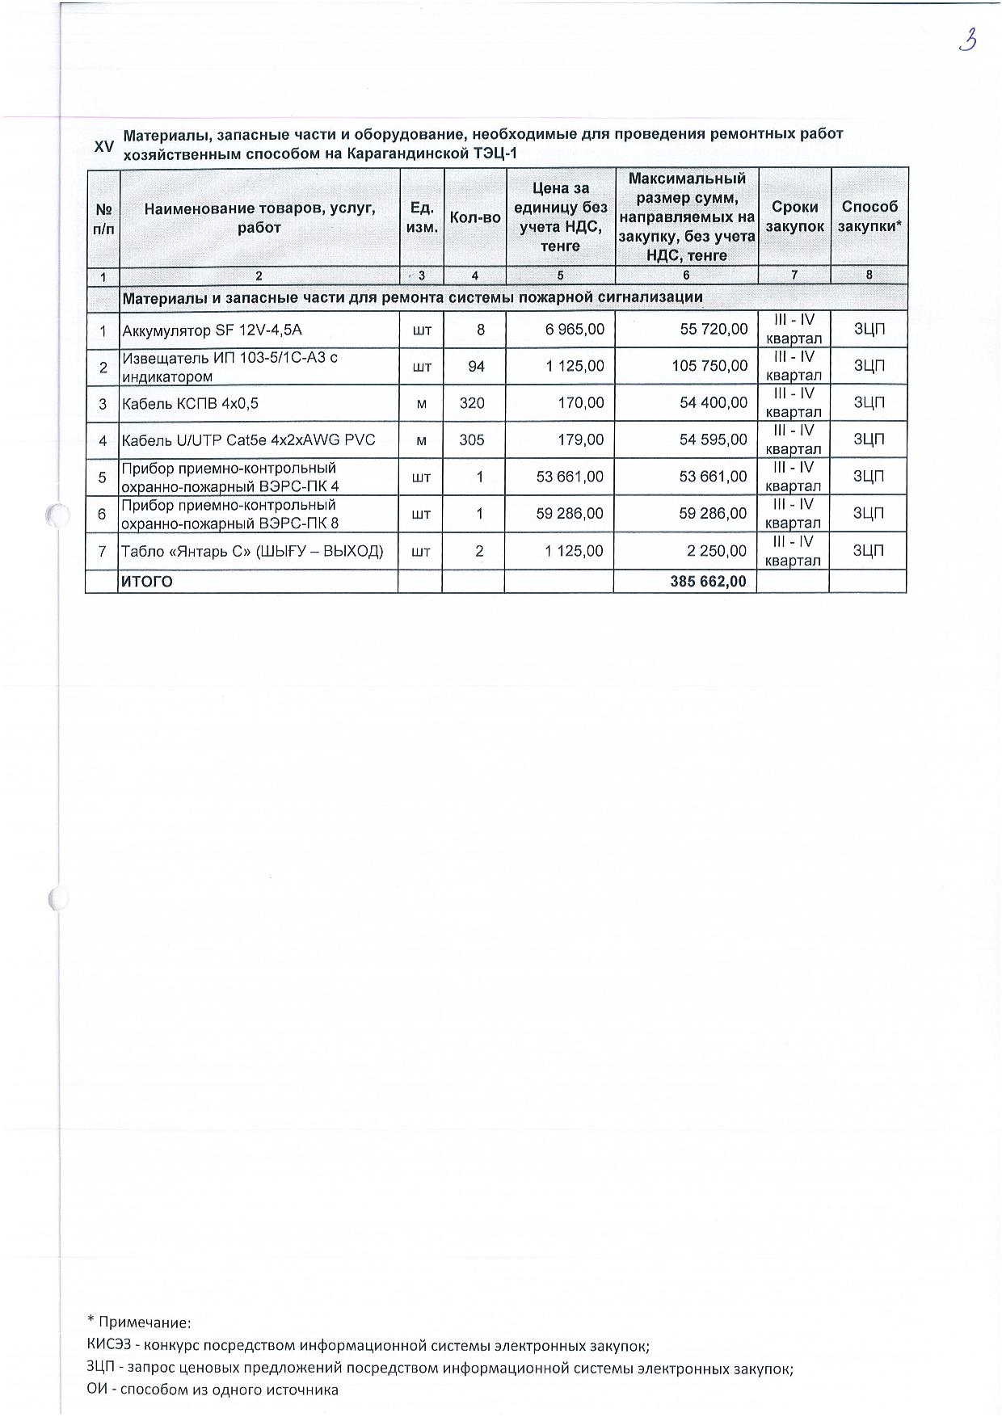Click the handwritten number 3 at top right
[967, 40]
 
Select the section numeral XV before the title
[104, 146]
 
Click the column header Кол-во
[475, 217]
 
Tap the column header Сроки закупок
[794, 217]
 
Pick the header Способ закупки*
[869, 217]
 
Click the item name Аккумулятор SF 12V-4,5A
[212, 330]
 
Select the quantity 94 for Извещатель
[476, 367]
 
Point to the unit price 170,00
[581, 403]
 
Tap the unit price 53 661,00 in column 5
[570, 477]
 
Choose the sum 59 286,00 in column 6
[713, 514]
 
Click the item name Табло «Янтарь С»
[251, 552]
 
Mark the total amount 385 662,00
[708, 581]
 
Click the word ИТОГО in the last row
[146, 582]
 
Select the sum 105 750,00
[709, 367]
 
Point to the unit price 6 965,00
[575, 330]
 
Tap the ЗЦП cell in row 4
[869, 440]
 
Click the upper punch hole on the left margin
[56, 515]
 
